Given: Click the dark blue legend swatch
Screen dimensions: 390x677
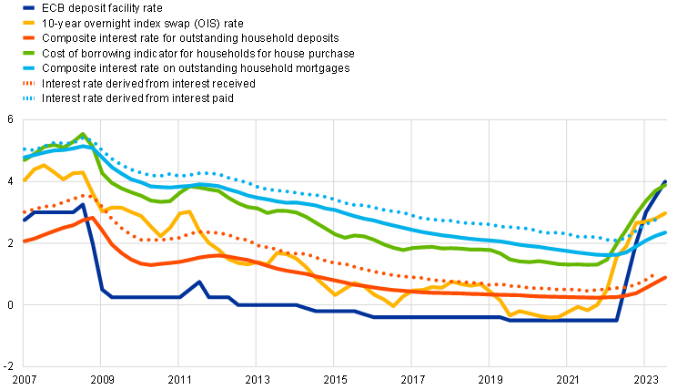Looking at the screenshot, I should click(28, 7).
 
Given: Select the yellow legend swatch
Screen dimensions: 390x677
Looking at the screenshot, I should click(28, 22).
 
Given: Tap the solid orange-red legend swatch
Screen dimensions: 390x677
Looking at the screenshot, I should click(28, 37).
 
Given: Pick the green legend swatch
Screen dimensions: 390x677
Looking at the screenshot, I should click(28, 53).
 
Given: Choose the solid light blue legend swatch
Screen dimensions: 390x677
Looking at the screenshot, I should click(28, 67).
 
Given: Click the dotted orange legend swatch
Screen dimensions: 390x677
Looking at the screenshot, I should click(28, 83).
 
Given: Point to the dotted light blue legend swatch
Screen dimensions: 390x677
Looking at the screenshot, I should click(28, 97).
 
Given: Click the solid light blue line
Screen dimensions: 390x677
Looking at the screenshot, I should click(382, 222).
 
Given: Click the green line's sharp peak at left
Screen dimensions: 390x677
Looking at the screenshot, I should click(82, 134).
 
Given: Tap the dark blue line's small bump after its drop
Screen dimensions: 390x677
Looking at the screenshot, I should click(198, 282).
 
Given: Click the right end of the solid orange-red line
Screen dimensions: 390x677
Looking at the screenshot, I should click(665, 277).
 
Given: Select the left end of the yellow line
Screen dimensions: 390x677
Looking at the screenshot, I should click(24, 180).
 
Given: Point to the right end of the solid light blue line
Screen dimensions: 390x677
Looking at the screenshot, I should click(665, 232).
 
